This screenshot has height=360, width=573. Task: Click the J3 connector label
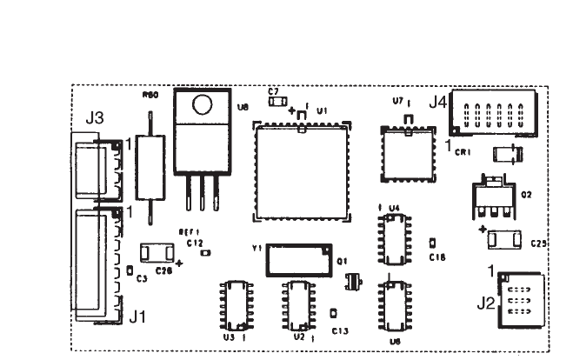click(x=96, y=117)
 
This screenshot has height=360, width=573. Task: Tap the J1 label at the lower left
click(x=137, y=319)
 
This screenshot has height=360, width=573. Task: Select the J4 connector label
click(x=437, y=103)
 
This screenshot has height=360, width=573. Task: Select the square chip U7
click(x=406, y=154)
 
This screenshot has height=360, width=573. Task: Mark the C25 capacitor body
click(x=504, y=237)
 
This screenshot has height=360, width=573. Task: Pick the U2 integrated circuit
click(x=296, y=303)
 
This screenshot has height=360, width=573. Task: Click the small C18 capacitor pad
click(x=433, y=241)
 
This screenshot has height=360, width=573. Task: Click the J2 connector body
click(x=519, y=298)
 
